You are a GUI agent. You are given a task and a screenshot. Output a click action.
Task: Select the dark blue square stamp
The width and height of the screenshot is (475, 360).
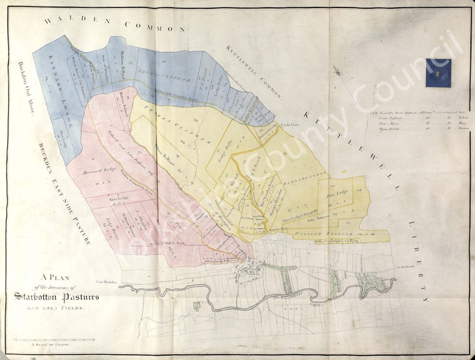click(x=438, y=73)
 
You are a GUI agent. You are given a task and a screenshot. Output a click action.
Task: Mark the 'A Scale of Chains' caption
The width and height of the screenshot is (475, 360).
click(x=50, y=346)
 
